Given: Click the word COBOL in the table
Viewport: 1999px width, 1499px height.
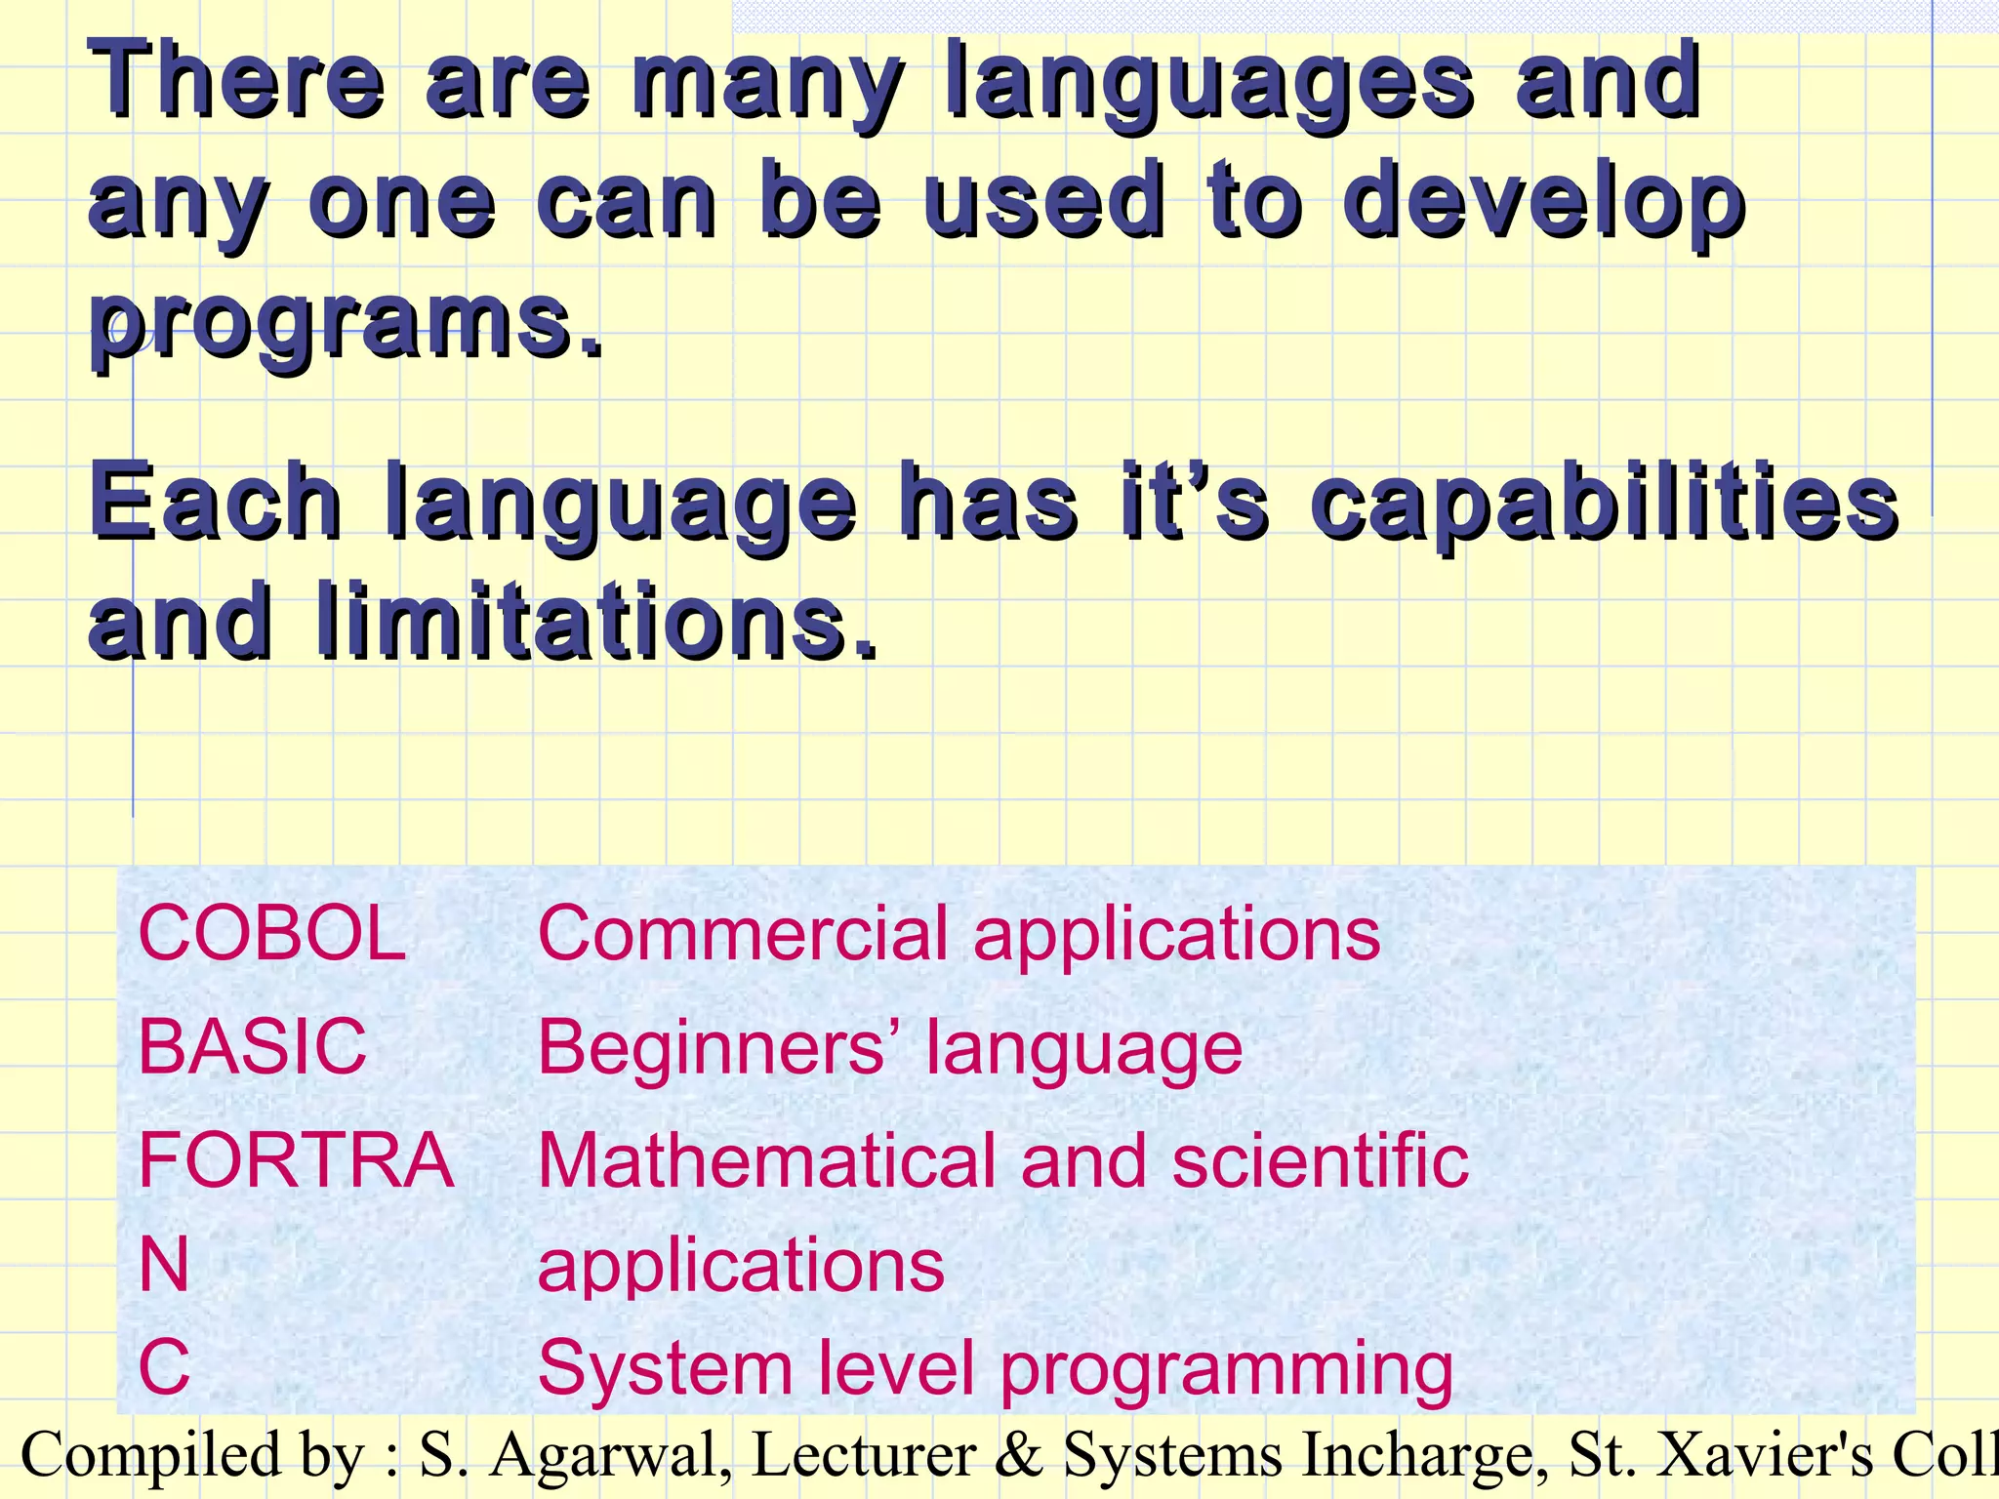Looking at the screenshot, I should pyautogui.click(x=271, y=934).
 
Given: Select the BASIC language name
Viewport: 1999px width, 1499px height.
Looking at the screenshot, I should pyautogui.click(x=252, y=1047).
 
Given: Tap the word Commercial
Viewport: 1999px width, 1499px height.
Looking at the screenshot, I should pyautogui.click(x=743, y=934).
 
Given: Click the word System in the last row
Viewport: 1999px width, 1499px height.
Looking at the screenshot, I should pyautogui.click(x=664, y=1368).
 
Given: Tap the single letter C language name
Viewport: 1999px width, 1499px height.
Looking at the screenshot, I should pyautogui.click(x=164, y=1368).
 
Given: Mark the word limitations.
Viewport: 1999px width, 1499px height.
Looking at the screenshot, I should pyautogui.click(x=596, y=621).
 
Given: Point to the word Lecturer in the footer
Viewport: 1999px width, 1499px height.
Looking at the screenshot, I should pyautogui.click(x=864, y=1455).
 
